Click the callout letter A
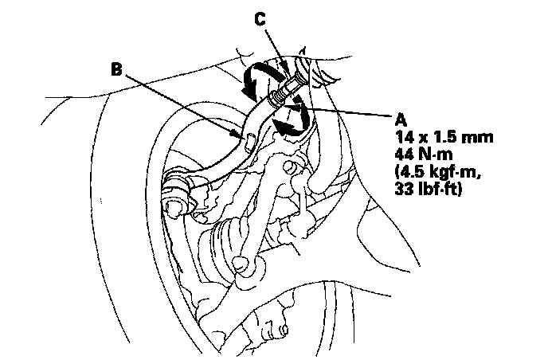[400, 117]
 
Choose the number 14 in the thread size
[404, 137]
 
